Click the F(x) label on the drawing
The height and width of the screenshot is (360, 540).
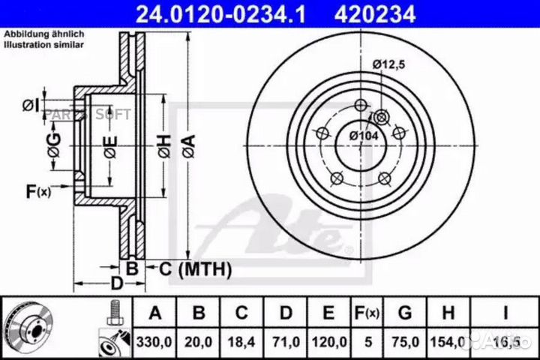pos(37,191)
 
